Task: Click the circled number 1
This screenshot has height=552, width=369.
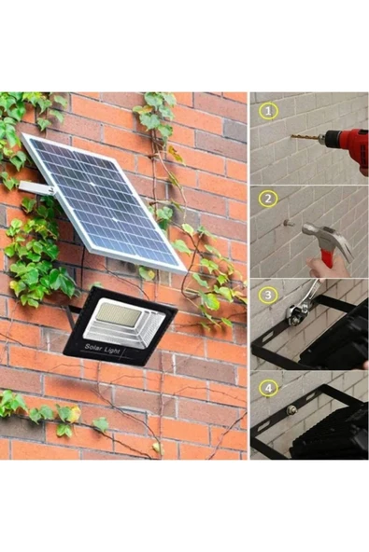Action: (268, 111)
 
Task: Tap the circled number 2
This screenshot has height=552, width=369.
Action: (268, 199)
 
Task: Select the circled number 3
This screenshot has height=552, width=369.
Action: (268, 295)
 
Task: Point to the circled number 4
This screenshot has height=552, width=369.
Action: (268, 388)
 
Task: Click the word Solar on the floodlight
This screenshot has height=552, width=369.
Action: (93, 347)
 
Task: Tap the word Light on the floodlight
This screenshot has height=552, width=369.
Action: (113, 351)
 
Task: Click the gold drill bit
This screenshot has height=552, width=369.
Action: (305, 137)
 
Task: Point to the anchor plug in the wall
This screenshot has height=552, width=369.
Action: (289, 223)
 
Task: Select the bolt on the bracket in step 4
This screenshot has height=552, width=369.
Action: (291, 410)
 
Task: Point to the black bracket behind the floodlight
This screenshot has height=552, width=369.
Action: (70, 313)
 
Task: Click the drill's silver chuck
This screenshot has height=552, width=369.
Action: (321, 139)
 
